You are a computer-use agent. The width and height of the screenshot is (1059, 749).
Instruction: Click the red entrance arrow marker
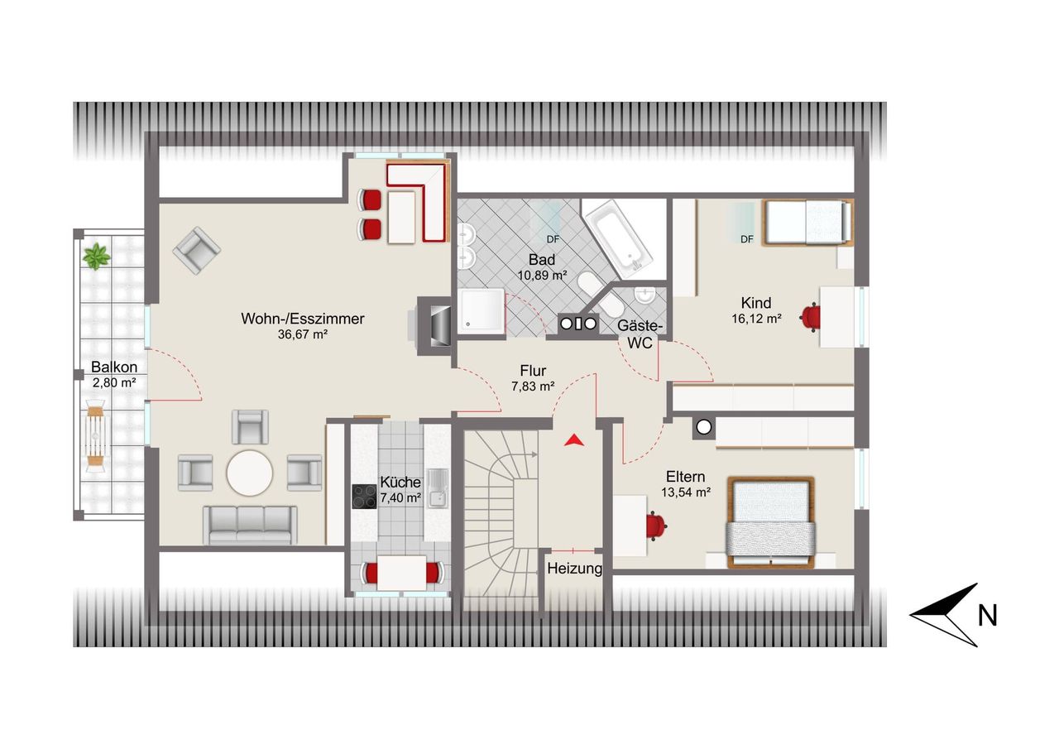pyautogui.click(x=574, y=440)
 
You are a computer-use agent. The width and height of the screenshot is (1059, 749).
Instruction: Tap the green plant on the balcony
pyautogui.click(x=96, y=257)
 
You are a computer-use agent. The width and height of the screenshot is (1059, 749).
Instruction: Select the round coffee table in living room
pyautogui.click(x=250, y=473)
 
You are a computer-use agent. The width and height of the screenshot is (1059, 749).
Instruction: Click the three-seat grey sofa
pyautogui.click(x=250, y=525)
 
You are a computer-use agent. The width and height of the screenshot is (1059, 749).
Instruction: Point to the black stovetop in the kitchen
pyautogui.click(x=365, y=497)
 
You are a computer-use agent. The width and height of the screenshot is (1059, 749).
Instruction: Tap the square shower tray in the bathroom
pyautogui.click(x=481, y=311)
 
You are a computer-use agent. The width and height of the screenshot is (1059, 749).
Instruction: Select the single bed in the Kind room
pyautogui.click(x=808, y=223)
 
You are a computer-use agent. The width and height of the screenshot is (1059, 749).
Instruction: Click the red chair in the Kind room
pyautogui.click(x=810, y=316)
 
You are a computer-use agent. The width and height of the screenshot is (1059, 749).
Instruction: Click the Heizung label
pyautogui.click(x=574, y=569)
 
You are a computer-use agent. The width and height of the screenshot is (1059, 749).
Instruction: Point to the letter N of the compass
pyautogui.click(x=987, y=616)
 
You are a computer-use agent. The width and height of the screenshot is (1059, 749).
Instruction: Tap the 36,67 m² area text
pyautogui.click(x=303, y=334)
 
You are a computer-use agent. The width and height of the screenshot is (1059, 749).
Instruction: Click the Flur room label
pyautogui.click(x=533, y=370)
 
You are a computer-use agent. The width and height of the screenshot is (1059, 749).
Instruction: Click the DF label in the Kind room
pyautogui.click(x=747, y=239)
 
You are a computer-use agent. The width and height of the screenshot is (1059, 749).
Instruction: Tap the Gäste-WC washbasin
pyautogui.click(x=643, y=295)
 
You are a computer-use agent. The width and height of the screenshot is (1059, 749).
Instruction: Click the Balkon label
pyautogui.click(x=114, y=367)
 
